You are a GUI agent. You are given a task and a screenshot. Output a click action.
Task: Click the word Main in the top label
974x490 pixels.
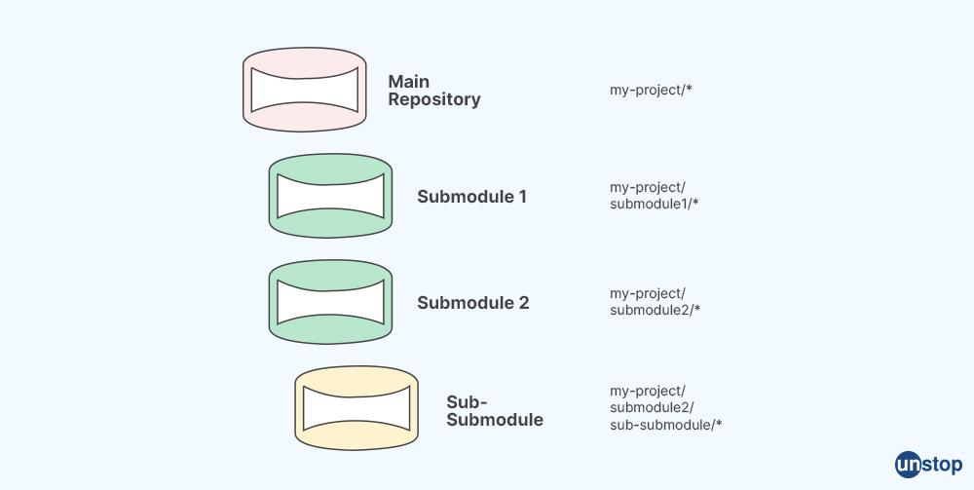408,82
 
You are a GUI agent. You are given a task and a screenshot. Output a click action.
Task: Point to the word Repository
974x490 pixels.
433,99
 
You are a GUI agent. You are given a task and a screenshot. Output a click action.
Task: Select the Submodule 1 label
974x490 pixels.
471,197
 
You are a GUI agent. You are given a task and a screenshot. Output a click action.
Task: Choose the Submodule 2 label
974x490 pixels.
472,303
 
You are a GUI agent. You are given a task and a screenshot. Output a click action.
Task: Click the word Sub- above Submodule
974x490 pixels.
467,402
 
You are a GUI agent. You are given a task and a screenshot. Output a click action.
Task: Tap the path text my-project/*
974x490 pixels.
651,90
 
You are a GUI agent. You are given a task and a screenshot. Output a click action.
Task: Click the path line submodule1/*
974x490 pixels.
655,204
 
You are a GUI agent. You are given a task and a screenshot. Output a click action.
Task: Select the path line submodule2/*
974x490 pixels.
655,310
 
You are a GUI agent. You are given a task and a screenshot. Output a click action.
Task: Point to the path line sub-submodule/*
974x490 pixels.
665,425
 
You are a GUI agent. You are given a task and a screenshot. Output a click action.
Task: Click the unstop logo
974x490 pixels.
928,464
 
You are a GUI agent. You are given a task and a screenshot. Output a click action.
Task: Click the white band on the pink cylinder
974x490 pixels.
304,90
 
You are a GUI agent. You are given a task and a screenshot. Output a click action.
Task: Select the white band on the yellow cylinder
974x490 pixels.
356,407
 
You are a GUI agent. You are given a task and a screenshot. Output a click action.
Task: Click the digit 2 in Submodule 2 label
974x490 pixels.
523,303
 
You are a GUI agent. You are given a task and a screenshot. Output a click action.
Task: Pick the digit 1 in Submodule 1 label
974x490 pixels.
522,197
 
